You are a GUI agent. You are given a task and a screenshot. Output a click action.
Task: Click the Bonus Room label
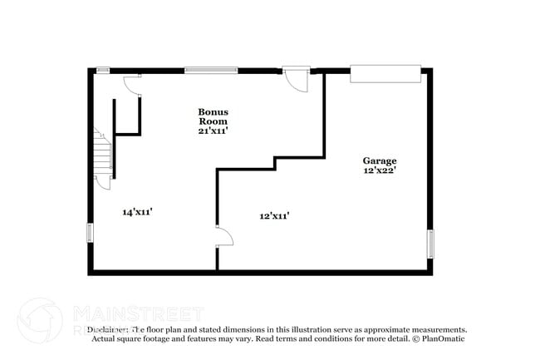pyautogui.click(x=213, y=116)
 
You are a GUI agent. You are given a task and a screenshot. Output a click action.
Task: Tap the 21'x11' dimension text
pyautogui.click(x=213, y=131)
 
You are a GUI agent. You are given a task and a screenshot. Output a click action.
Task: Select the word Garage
pyautogui.click(x=379, y=160)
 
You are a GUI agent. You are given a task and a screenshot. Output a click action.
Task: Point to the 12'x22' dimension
pyautogui.click(x=379, y=170)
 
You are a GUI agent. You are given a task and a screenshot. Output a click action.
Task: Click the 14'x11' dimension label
pyautogui.click(x=137, y=212)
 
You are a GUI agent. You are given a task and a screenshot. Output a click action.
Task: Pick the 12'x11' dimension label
pyautogui.click(x=274, y=216)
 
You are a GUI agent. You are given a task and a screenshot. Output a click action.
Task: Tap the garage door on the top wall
pyautogui.click(x=385, y=73)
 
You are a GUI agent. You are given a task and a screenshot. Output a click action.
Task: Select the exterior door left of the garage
pyautogui.click(x=295, y=78)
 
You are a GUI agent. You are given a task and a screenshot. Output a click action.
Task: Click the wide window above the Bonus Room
pyautogui.click(x=211, y=70)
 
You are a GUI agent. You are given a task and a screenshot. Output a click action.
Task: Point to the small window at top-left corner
pyautogui.click(x=104, y=70)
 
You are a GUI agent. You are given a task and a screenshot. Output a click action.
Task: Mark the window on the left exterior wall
pyautogui.click(x=90, y=232)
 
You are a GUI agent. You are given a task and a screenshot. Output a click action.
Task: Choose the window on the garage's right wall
pyautogui.click(x=430, y=243)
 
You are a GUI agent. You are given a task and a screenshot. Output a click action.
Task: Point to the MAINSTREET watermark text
pyautogui.click(x=137, y=313)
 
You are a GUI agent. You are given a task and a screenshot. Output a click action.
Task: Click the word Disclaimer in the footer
pyautogui.click(x=110, y=329)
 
